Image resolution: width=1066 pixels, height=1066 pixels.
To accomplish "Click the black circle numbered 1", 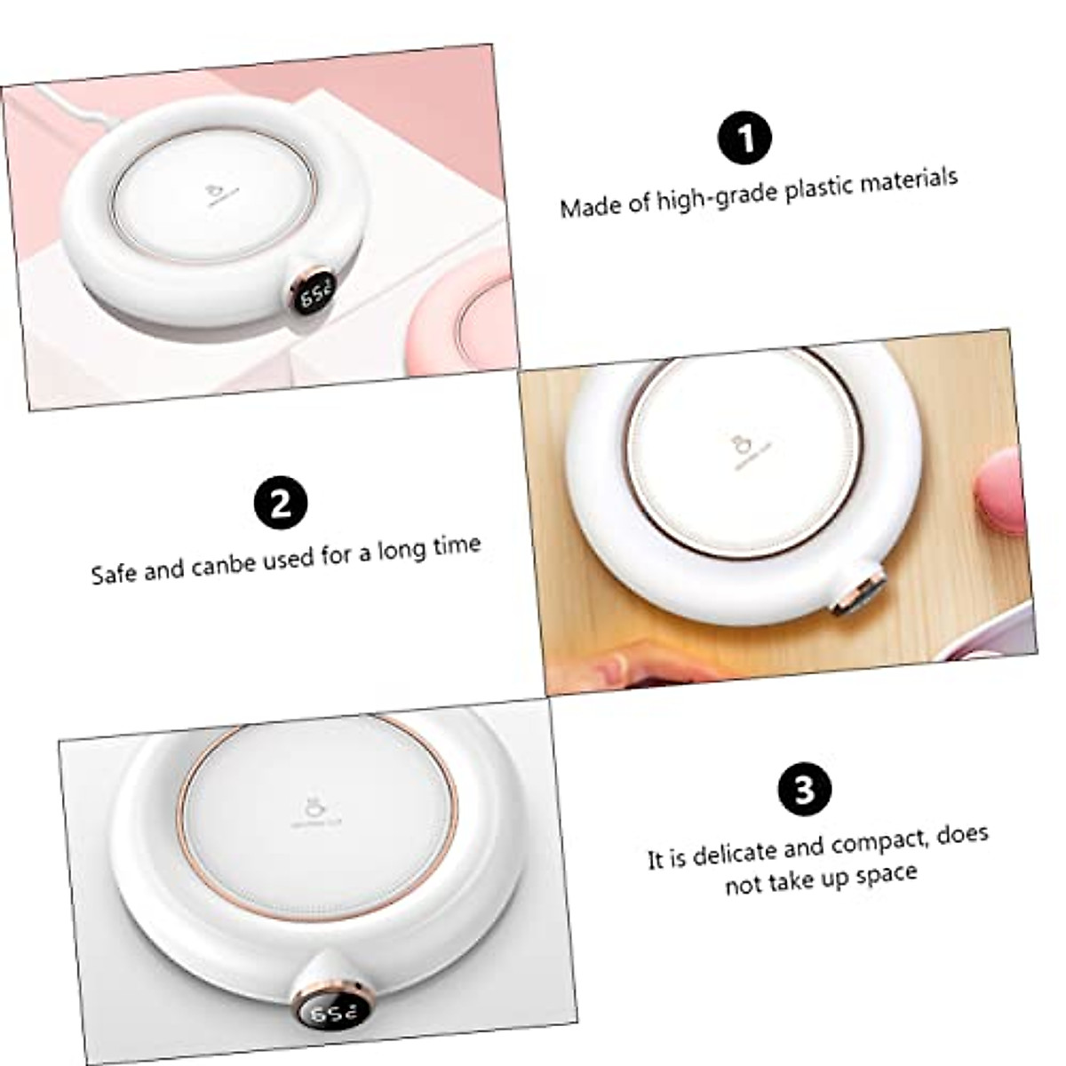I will (745, 139).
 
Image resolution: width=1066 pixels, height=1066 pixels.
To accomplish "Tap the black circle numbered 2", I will (281, 503).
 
